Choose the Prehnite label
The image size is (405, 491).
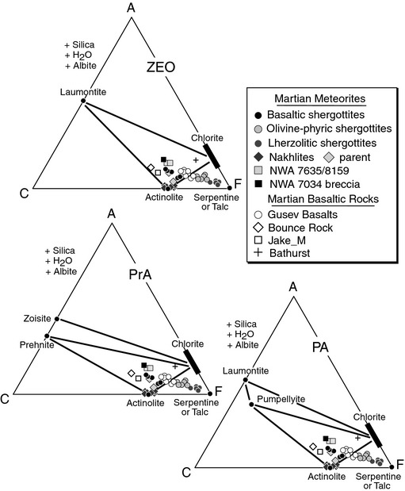pyautogui.click(x=36, y=345)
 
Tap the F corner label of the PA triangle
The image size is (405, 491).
pyautogui.click(x=399, y=464)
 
